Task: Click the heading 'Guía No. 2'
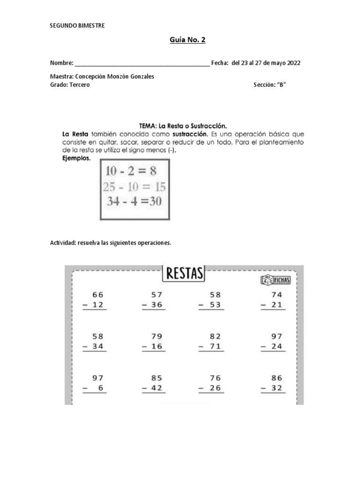187,40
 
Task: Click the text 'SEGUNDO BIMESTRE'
77,25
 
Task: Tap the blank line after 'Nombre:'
142,64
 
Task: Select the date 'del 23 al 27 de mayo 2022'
266,63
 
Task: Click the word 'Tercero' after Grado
79,85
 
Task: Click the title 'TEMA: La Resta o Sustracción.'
183,126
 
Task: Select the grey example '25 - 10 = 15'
134,187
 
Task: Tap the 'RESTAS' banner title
184,274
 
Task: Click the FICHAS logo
275,280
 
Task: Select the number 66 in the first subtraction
98,295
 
